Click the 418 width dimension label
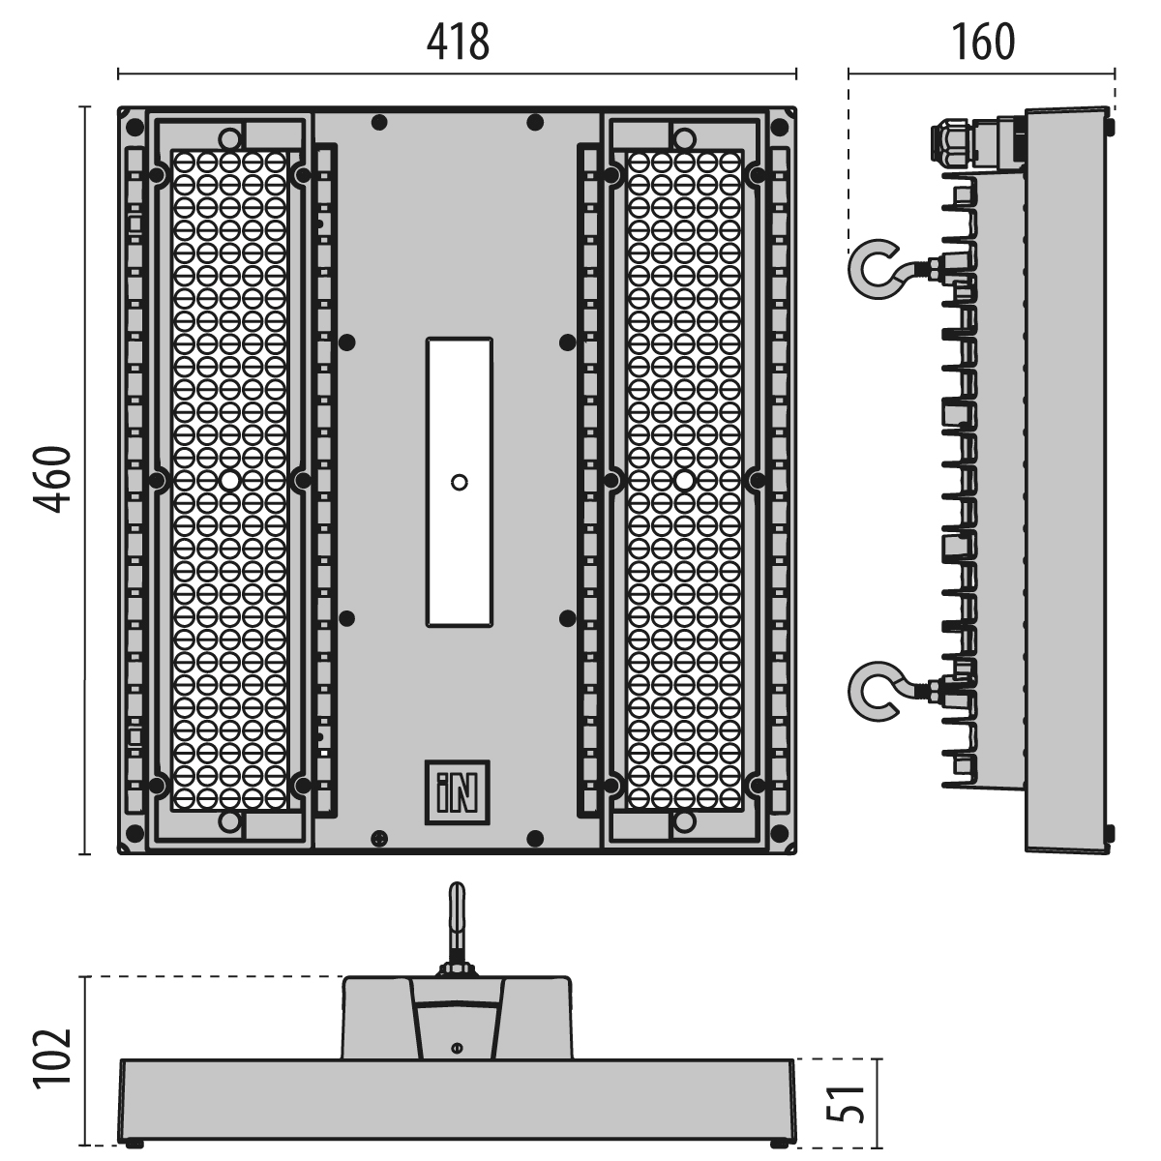click(x=458, y=43)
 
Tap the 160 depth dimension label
click(x=983, y=43)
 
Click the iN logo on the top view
click(x=458, y=792)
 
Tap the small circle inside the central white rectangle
click(x=460, y=482)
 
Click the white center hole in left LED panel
click(x=229, y=480)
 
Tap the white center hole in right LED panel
click(x=684, y=480)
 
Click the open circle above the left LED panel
click(x=229, y=139)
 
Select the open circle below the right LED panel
click(x=684, y=821)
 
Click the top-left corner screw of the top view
click(x=134, y=127)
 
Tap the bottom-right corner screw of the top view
click(x=779, y=833)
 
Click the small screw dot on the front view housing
click(x=457, y=1049)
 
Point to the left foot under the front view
click(x=134, y=1143)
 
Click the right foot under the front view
click(x=780, y=1143)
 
